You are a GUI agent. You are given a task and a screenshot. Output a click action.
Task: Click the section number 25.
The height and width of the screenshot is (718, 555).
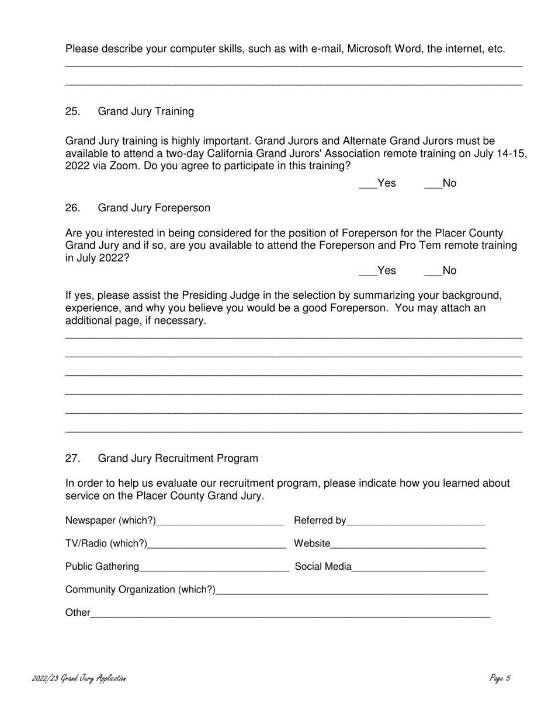pos(72,111)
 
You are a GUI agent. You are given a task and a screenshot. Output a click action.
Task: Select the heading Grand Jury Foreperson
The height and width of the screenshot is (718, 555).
pos(154,208)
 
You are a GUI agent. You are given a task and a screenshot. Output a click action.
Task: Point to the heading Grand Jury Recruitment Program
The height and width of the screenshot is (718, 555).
pos(178,459)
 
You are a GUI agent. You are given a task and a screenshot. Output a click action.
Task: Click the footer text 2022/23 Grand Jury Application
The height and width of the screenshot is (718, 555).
pos(79,678)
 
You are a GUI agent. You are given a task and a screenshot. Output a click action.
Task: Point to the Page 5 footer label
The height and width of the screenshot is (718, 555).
pos(500,678)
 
